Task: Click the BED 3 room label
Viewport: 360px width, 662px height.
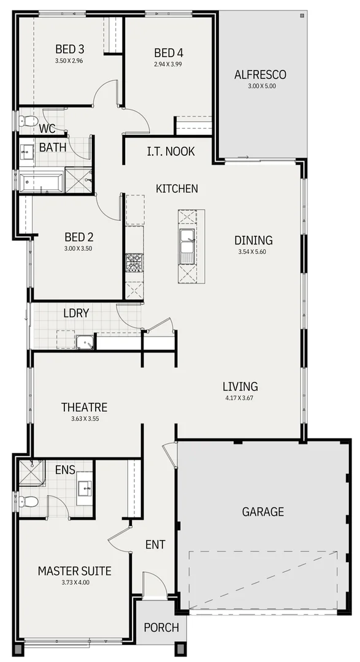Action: tap(69, 49)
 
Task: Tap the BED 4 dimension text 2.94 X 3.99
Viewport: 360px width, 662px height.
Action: tap(168, 64)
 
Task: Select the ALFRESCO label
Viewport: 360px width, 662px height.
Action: tap(261, 75)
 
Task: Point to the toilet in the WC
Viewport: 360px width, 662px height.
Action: tap(29, 120)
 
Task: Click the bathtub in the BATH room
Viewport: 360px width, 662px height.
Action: tap(40, 182)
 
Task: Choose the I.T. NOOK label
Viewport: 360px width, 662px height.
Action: tap(171, 151)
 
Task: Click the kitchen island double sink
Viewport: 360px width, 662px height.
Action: tap(187, 246)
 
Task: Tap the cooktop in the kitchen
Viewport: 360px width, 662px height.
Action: tap(134, 262)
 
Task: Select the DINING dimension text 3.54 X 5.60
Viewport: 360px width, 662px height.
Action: tap(253, 252)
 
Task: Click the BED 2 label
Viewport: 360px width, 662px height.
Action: tap(78, 237)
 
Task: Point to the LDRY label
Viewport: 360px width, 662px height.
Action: tap(76, 313)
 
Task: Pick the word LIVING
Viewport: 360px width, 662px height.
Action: tap(240, 387)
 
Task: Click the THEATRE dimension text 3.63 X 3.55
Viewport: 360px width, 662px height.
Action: tap(84, 419)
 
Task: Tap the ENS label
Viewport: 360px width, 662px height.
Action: tap(65, 470)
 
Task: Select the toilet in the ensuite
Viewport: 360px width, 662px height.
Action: tap(28, 501)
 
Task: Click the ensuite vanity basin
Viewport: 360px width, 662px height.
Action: tap(85, 489)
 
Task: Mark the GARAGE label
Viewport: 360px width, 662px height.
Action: tap(262, 511)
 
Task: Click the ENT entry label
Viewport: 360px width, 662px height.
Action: tap(155, 544)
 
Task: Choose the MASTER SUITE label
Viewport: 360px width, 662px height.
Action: tap(74, 571)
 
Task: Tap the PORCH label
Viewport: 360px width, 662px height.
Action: tap(161, 628)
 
